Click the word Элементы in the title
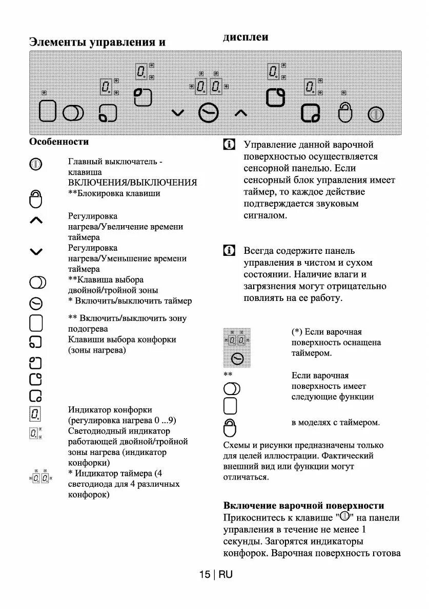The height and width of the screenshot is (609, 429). coord(57,42)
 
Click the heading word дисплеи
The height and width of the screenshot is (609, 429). coord(246,37)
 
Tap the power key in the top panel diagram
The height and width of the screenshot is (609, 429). coord(376,113)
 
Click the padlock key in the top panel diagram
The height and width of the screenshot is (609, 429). coord(345,112)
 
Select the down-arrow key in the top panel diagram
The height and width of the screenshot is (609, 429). coord(177,113)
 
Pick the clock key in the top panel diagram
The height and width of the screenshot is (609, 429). coord(208,113)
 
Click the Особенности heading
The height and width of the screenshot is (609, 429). coord(59,142)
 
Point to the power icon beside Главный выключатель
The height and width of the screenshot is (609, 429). coord(36,164)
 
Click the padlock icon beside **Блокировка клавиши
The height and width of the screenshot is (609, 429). coord(36,199)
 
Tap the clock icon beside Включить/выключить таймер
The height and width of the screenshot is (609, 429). coord(36,303)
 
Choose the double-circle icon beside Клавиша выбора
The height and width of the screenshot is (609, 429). coord(37,282)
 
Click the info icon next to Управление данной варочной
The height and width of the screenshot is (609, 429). coord(229,145)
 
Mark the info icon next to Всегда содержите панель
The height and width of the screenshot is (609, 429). coord(229,251)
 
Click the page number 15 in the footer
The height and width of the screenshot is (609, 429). coord(205,575)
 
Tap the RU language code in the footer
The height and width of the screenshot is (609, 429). coord(226,575)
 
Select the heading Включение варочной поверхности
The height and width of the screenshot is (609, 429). coord(303,506)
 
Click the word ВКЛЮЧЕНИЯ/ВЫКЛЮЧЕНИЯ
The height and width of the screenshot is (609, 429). coord(132,183)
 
